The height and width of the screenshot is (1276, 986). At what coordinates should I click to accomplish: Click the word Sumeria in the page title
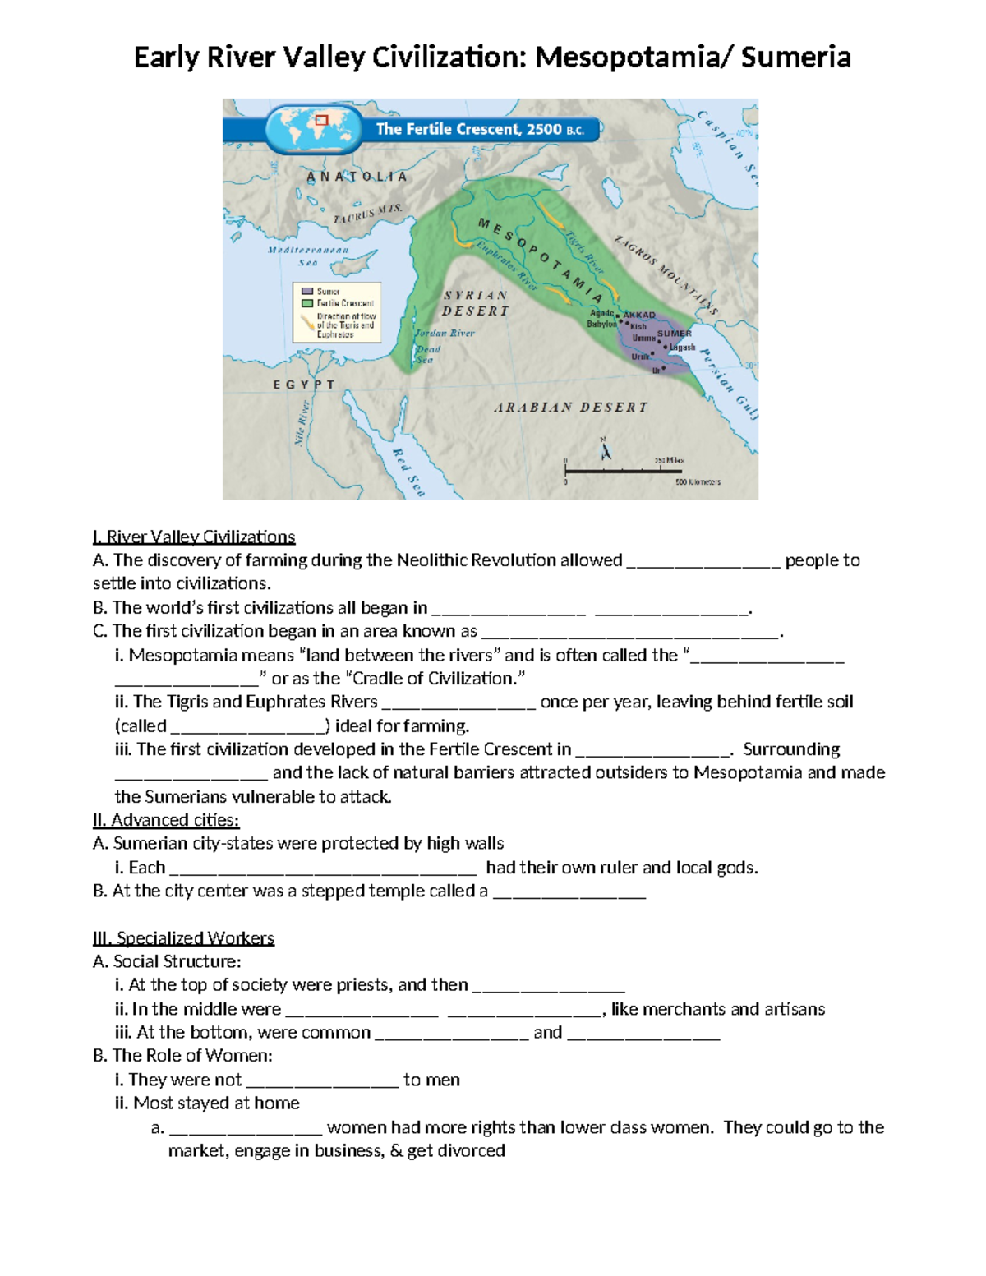795,58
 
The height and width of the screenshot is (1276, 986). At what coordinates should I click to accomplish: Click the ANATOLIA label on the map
357,177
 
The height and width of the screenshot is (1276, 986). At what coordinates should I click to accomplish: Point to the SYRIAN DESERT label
476,303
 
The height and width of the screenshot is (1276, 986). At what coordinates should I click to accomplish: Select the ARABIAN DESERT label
570,408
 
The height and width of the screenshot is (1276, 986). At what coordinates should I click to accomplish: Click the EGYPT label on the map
304,385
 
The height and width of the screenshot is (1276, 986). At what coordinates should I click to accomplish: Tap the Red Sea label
408,472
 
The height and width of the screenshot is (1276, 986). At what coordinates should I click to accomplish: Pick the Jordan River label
445,334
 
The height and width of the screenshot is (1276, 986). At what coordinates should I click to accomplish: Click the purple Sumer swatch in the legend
307,292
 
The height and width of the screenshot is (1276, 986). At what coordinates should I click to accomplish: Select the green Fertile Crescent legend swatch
307,303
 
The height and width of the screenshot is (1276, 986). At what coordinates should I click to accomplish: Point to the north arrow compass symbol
606,450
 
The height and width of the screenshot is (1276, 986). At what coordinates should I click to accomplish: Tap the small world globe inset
312,129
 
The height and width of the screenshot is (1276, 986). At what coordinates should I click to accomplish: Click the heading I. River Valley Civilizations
194,537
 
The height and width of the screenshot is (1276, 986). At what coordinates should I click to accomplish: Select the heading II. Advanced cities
166,820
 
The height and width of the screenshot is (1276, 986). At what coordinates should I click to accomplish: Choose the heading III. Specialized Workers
183,938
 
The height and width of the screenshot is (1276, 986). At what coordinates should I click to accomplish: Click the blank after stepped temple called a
569,894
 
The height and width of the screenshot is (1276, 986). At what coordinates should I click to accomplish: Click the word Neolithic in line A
434,560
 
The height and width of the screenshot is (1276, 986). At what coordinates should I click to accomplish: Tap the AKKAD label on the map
639,315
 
